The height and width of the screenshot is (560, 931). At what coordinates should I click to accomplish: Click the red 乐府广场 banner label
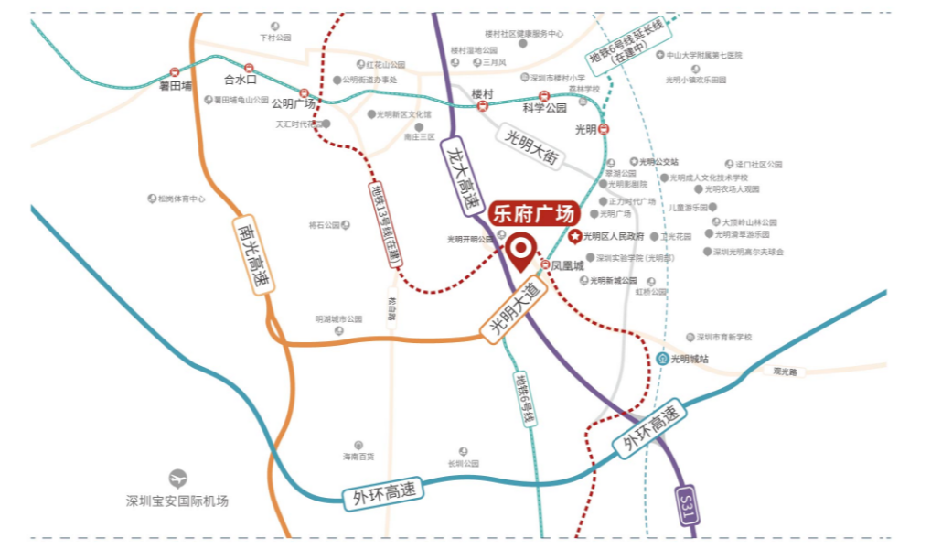click(534, 214)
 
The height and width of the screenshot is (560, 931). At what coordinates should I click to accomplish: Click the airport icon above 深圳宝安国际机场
click(177, 478)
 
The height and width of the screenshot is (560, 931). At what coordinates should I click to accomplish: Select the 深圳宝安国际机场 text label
click(177, 501)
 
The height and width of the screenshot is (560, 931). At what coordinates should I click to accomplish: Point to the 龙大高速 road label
click(461, 178)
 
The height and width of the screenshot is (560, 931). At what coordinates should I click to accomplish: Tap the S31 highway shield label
click(688, 506)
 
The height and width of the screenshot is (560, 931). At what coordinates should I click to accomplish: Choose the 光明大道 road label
click(513, 311)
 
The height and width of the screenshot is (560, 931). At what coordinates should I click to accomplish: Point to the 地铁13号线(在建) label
click(388, 225)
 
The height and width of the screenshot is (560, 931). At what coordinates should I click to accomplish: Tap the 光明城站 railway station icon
click(662, 359)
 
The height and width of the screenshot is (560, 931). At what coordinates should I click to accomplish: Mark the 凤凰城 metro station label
click(567, 265)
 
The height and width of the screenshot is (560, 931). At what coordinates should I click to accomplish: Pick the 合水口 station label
click(241, 80)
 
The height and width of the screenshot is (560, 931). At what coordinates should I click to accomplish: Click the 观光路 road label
click(785, 372)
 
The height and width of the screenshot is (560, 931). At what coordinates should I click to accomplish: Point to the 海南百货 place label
click(358, 456)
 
